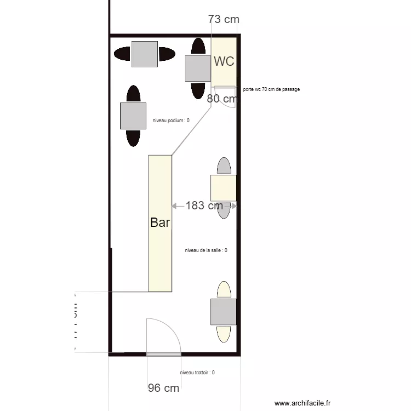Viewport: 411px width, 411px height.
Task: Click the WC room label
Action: pyautogui.click(x=224, y=61)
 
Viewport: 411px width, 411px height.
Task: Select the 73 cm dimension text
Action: pyautogui.click(x=224, y=19)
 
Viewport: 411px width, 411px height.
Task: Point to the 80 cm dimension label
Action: pyautogui.click(x=221, y=99)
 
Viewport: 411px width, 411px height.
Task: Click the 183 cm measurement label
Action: pyautogui.click(x=204, y=206)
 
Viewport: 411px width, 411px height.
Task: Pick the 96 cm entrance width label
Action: pyautogui.click(x=163, y=388)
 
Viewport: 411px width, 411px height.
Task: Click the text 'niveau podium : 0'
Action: pyautogui.click(x=171, y=121)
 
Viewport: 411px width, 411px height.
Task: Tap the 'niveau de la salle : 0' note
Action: pyautogui.click(x=206, y=250)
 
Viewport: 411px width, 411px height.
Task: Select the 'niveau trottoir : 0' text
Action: pyautogui.click(x=197, y=373)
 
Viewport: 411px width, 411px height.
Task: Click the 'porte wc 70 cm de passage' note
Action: pyautogui.click(x=271, y=89)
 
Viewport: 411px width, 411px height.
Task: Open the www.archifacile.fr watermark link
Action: pyautogui.click(x=302, y=403)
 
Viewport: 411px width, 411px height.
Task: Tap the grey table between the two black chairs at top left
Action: pyautogui.click(x=145, y=54)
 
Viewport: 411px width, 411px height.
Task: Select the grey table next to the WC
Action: pyautogui.click(x=198, y=68)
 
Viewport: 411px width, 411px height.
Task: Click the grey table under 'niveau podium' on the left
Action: pyautogui.click(x=133, y=116)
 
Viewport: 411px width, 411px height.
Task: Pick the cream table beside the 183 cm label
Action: pyautogui.click(x=224, y=188)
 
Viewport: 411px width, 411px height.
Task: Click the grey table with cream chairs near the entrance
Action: pyautogui.click(x=224, y=312)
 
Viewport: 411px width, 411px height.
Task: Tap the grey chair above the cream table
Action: pyautogui.click(x=224, y=165)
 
